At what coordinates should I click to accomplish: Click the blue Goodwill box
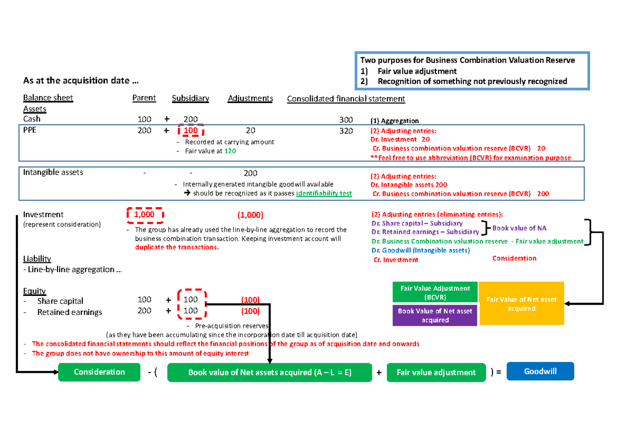[x=540, y=372]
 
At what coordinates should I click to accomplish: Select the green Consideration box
[x=99, y=372]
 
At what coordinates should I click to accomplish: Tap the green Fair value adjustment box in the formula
[x=437, y=372]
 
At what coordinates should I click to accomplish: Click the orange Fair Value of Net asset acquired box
[x=521, y=304]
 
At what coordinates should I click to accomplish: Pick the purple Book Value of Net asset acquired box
[x=435, y=316]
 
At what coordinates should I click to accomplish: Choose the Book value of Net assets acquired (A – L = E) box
[x=270, y=372]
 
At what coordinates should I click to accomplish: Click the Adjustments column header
[x=250, y=98]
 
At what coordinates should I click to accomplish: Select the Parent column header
[x=144, y=98]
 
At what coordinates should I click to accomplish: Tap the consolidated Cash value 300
[x=346, y=119]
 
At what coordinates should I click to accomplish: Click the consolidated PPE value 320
[x=346, y=131]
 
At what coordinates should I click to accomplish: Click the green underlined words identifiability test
[x=324, y=194]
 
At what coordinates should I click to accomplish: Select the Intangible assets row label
[x=53, y=172]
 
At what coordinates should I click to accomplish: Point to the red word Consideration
[x=514, y=258]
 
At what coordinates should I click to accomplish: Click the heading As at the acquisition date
[x=81, y=81]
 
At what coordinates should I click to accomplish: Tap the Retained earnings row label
[x=69, y=312]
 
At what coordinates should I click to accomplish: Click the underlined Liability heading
[x=37, y=258]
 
